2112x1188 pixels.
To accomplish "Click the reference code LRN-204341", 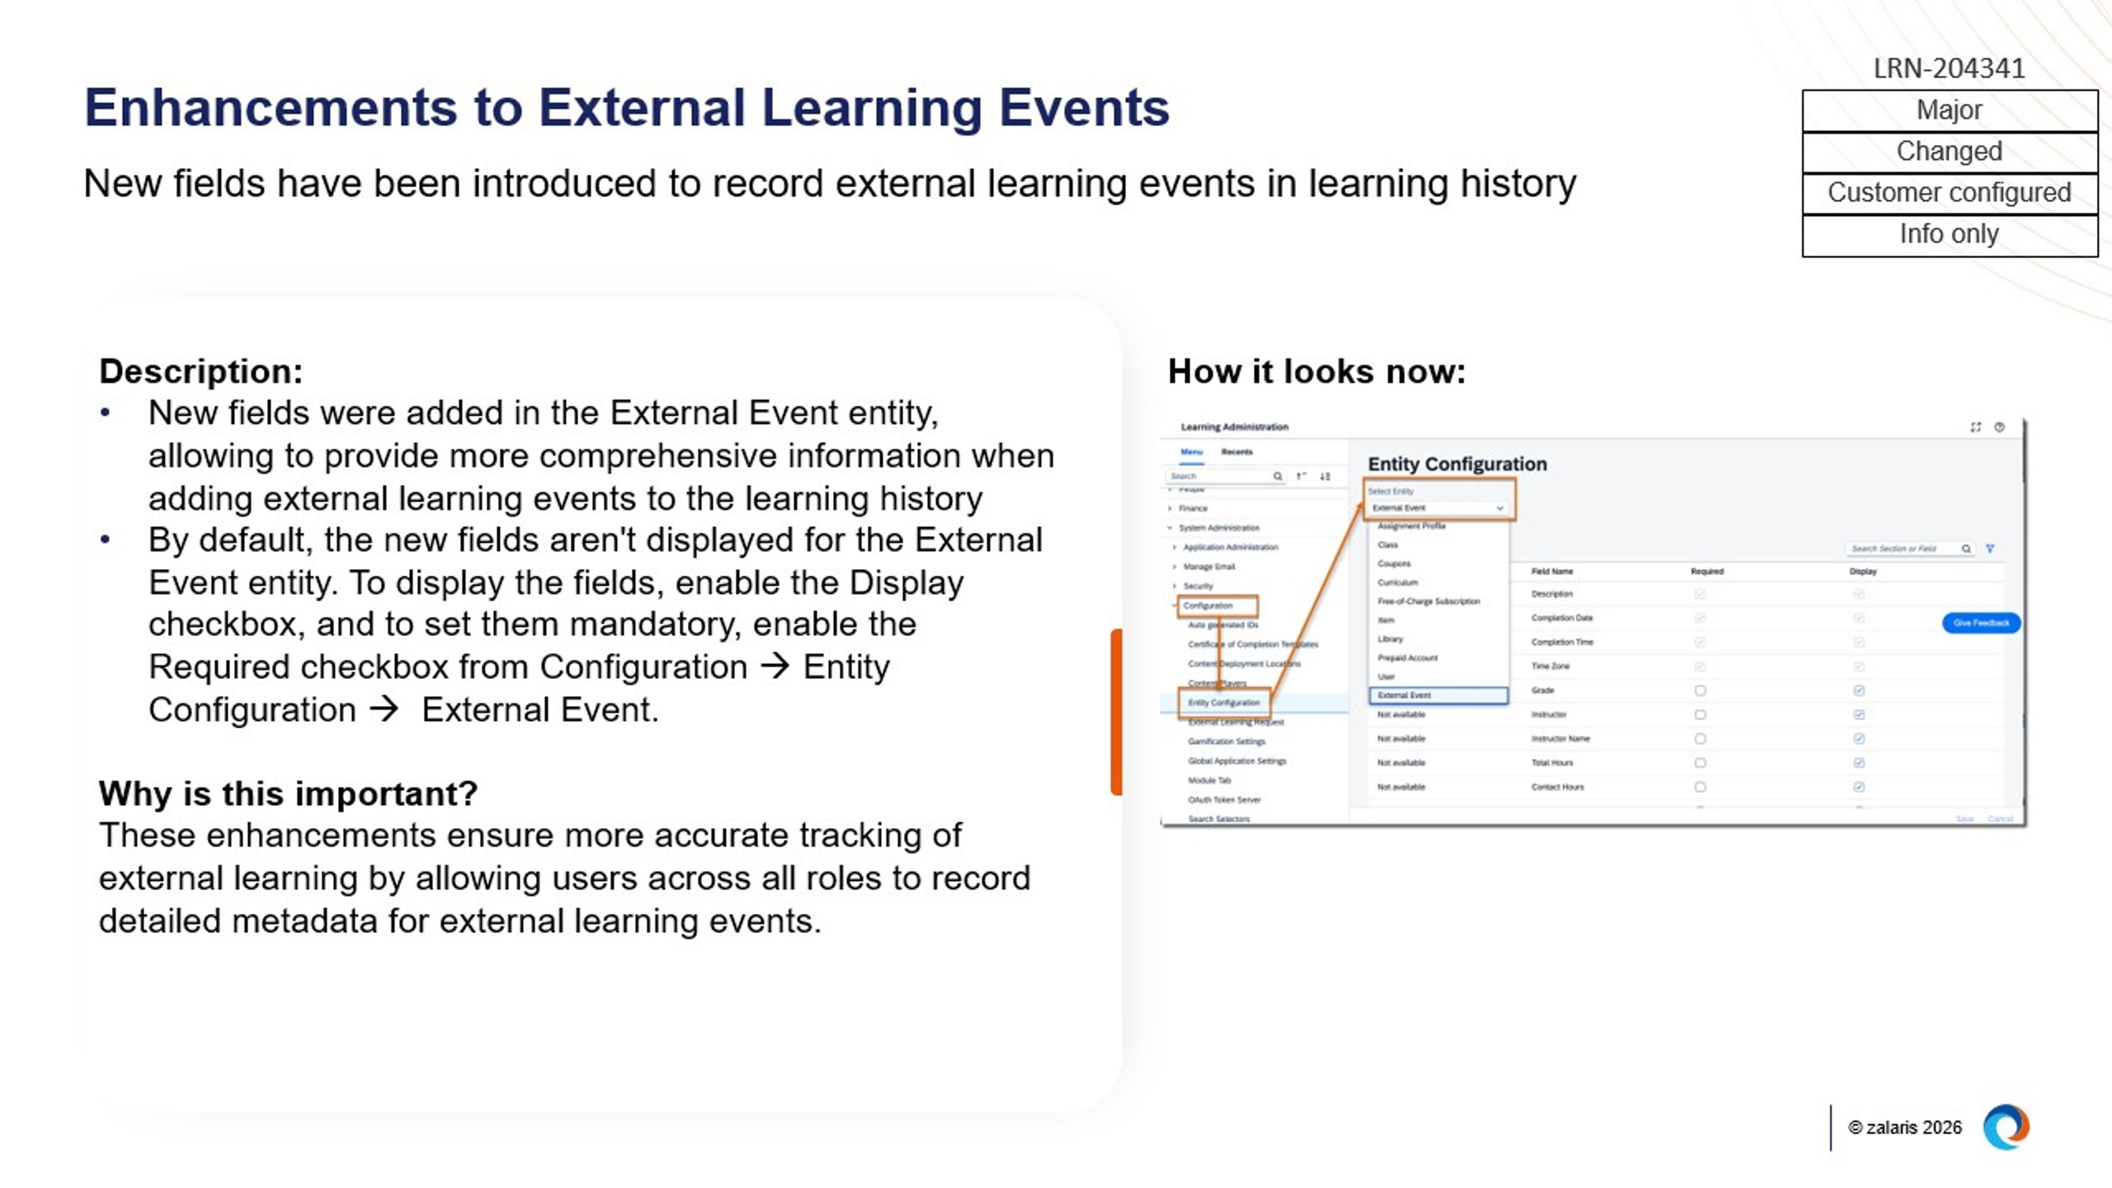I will pos(1949,68).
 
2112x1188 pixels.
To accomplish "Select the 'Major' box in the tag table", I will pos(1949,110).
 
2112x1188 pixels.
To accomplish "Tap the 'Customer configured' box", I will pos(1949,193).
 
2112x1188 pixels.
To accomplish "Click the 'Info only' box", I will pos(1949,234).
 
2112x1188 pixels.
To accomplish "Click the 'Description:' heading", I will pos(201,371).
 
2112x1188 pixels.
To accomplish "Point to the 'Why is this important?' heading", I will pos(288,794).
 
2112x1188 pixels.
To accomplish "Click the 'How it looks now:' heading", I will pos(1316,371).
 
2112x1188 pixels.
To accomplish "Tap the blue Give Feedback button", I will pos(1980,623).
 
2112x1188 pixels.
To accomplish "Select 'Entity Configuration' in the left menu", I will pos(1223,703).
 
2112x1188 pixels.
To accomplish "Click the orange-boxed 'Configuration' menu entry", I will pos(1208,606).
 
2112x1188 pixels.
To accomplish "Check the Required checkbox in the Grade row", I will pos(1700,690).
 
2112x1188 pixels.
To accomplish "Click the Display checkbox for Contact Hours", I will pos(1858,787).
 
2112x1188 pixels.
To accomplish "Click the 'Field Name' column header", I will pos(1551,571).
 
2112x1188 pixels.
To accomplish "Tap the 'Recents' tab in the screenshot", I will pos(1236,452).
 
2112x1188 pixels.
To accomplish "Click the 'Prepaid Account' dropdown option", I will pos(1407,658).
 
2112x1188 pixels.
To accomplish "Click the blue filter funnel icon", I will pos(1990,548).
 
